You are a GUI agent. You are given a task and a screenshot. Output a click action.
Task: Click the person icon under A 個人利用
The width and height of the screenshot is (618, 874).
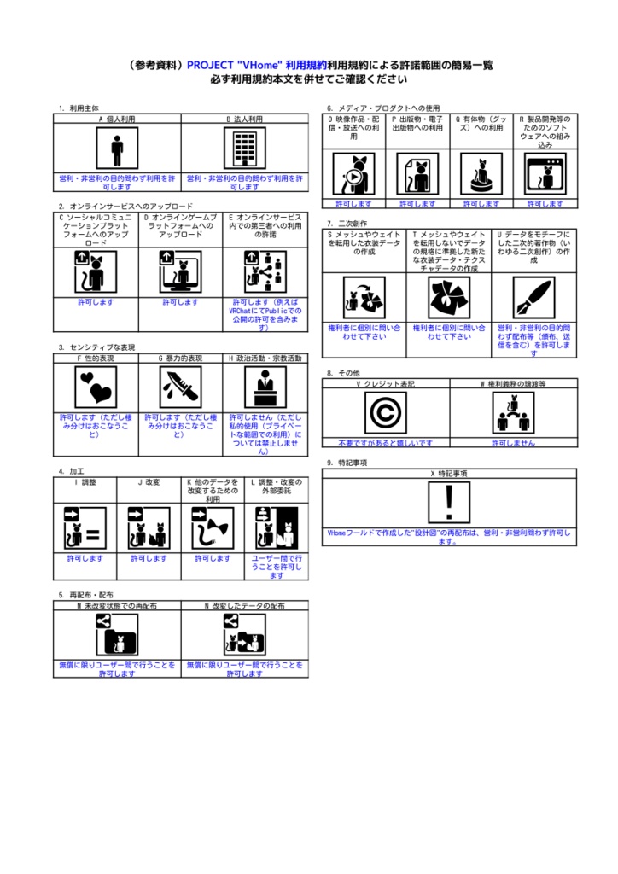click(117, 150)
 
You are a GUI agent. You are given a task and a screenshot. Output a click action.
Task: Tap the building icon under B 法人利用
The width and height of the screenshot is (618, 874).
click(245, 150)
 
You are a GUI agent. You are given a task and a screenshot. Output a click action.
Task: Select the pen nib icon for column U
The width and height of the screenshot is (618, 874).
click(535, 298)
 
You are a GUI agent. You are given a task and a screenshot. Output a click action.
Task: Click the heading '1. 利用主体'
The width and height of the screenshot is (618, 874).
click(79, 109)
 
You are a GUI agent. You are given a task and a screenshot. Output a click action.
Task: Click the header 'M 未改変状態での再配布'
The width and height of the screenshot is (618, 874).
click(117, 605)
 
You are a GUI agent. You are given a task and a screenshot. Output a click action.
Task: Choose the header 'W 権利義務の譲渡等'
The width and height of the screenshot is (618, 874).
click(513, 384)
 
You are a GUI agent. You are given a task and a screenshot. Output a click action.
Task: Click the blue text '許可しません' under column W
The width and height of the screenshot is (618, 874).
click(513, 444)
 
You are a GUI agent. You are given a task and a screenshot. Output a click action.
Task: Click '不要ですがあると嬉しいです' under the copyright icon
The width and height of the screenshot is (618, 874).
click(385, 444)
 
